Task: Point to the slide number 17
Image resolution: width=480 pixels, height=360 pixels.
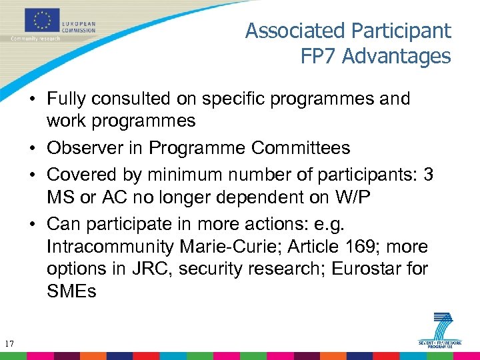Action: [9, 344]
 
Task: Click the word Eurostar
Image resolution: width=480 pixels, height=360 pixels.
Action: [373, 269]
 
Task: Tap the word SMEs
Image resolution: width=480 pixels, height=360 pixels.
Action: [71, 291]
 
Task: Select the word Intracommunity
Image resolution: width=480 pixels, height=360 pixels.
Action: [109, 247]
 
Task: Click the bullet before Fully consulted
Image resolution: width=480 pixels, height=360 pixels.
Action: [32, 99]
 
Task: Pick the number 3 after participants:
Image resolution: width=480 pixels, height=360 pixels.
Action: [429, 175]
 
